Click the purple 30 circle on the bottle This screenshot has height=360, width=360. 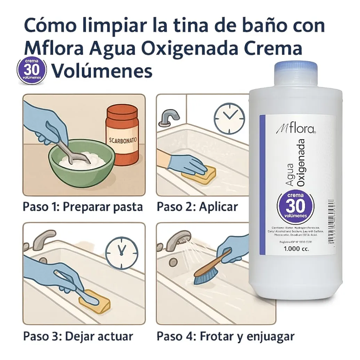[296, 207]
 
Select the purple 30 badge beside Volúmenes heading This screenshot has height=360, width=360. [32, 71]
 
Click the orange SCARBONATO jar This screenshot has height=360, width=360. [122, 135]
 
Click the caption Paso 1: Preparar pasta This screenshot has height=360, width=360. [82, 207]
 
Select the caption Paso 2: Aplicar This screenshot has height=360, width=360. [197, 207]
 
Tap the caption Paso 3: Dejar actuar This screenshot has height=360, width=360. [78, 337]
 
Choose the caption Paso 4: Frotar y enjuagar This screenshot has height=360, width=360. [225, 337]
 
